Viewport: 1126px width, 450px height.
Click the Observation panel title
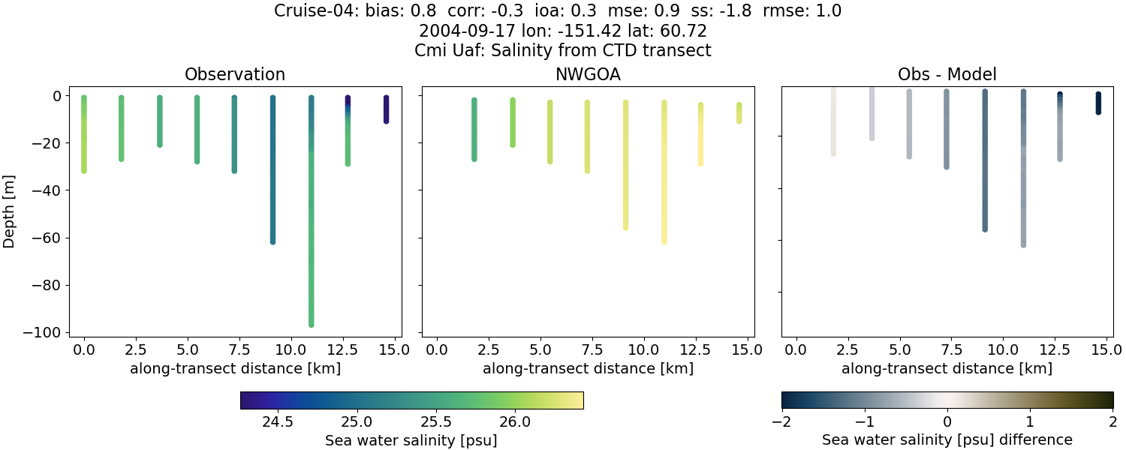tap(235, 74)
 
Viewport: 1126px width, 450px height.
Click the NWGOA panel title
tap(588, 74)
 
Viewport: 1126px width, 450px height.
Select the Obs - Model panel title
tap(947, 74)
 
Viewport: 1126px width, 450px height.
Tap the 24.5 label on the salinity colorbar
tap(277, 421)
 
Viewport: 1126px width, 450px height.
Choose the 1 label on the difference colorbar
tap(1030, 421)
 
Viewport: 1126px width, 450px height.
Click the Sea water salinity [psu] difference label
tap(947, 439)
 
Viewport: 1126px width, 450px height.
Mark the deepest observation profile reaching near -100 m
tap(311, 225)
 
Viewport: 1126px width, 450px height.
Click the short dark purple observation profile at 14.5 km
tap(386, 109)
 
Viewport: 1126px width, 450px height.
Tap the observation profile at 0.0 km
tap(84, 135)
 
